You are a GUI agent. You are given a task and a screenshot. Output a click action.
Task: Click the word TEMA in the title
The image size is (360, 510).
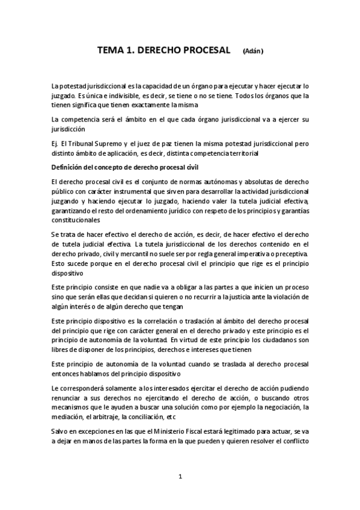point(111,52)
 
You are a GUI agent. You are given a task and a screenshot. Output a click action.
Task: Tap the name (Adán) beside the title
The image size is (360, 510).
point(253,53)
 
